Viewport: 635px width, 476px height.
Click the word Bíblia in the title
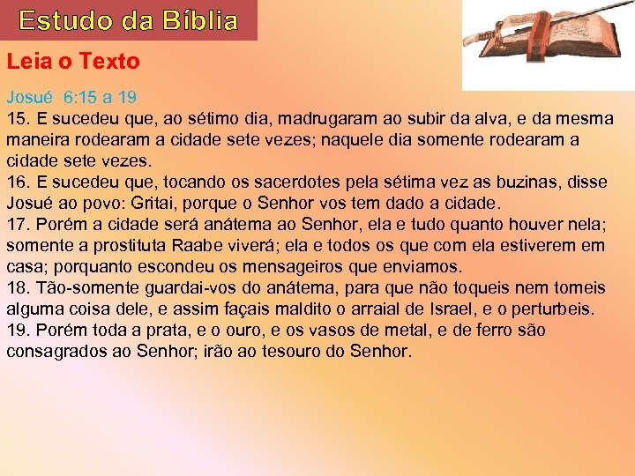point(193,20)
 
